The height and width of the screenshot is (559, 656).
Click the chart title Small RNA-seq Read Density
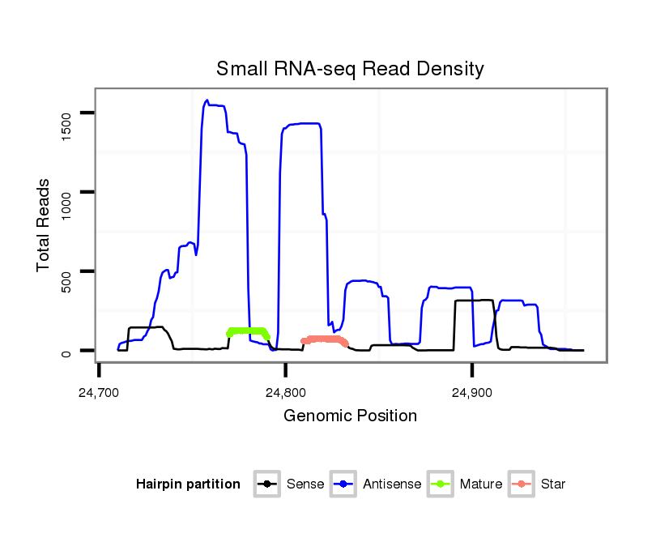pos(350,69)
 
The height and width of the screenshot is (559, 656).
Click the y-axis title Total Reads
pos(45,225)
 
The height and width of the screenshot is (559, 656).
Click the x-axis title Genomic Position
pos(350,416)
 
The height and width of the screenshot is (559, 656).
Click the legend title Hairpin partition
pos(188,484)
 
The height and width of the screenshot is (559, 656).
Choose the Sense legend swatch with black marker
pos(267,484)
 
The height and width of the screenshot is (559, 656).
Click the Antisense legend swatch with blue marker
pos(344,484)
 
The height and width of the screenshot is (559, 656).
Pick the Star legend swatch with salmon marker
pos(522,484)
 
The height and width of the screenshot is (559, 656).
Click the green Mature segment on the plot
pos(247,331)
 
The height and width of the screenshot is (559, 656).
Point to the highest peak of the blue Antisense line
pos(207,100)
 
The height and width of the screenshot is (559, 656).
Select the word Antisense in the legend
pos(392,484)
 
